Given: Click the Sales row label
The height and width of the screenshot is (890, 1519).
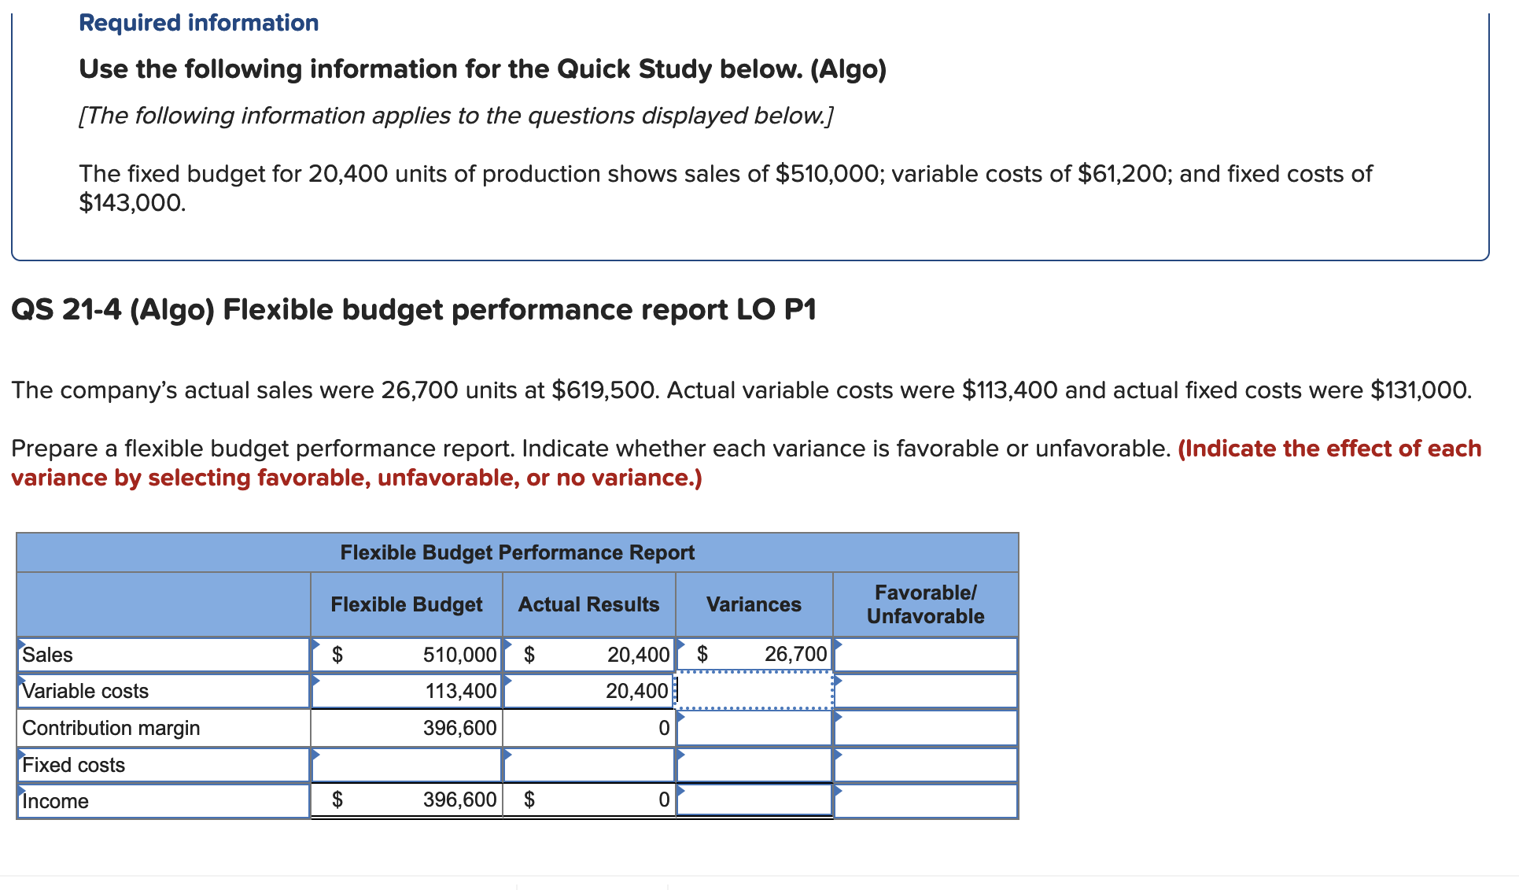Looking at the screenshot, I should click(x=48, y=655).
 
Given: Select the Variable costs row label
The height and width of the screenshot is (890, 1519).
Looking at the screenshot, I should click(x=86, y=691).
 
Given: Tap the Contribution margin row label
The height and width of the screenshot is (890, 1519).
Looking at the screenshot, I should click(x=111, y=728).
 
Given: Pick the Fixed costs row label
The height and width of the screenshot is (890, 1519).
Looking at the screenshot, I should click(x=74, y=765).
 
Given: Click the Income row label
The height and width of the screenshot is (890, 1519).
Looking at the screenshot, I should click(x=56, y=801).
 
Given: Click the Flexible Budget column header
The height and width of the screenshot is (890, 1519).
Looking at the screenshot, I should click(x=406, y=604).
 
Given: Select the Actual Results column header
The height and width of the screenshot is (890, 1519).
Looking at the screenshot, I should click(x=588, y=604).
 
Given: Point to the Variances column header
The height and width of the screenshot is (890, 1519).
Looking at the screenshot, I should click(x=754, y=604).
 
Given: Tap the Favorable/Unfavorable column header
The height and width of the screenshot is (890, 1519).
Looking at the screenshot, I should click(x=925, y=604).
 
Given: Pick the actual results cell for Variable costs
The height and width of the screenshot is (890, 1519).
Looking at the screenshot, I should click(x=588, y=691).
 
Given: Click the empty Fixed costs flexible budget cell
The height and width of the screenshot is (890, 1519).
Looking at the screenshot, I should click(x=407, y=765).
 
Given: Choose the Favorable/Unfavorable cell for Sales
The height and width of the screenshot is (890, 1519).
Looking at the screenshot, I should click(x=925, y=655).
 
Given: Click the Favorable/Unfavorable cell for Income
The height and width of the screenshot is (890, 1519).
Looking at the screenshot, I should click(x=925, y=801).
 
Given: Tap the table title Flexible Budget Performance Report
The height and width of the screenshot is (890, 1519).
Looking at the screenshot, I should click(x=517, y=552).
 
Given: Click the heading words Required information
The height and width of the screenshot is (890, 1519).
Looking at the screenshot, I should click(x=199, y=23).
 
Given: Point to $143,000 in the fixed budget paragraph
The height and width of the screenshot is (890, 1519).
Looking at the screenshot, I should click(x=132, y=203).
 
